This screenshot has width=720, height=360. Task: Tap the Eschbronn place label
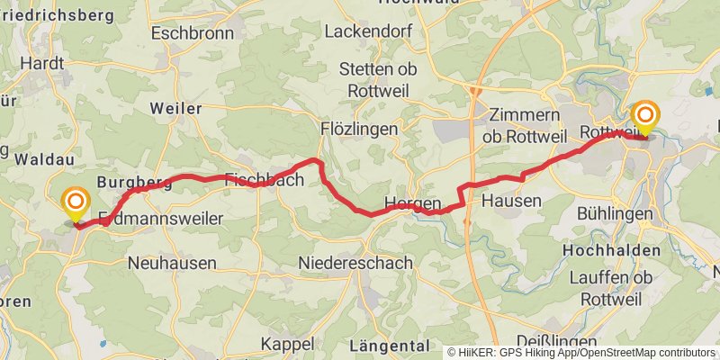[193, 33]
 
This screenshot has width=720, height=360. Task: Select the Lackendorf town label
[366, 31]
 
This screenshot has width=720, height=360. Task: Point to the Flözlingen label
[359, 130]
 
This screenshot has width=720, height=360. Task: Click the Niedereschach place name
[355, 263]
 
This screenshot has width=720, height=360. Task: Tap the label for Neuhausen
[172, 264]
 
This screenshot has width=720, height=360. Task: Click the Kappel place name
[287, 344]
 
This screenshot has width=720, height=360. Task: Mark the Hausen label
[511, 201]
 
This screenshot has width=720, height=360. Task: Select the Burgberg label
[134, 183]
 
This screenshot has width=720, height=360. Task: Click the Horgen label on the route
[412, 202]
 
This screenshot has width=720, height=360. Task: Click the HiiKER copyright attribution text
[580, 353]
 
